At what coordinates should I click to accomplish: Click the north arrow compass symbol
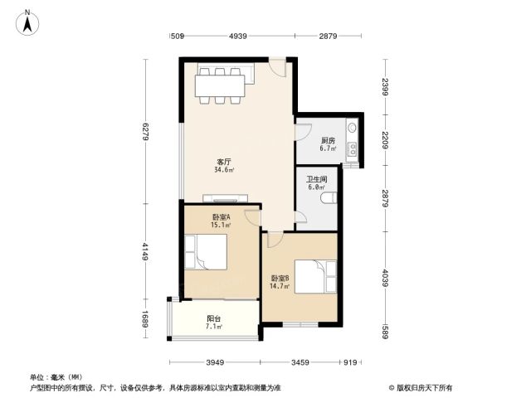(27, 23)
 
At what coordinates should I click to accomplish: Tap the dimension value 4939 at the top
(238, 36)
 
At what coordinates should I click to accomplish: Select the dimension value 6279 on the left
(146, 131)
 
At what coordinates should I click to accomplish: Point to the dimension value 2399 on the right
(386, 86)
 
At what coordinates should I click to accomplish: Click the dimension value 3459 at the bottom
(300, 362)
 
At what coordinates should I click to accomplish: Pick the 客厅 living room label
(224, 162)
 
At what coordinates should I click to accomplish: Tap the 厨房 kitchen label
(328, 140)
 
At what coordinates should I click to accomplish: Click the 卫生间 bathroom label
(317, 179)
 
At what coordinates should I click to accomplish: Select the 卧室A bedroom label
(222, 217)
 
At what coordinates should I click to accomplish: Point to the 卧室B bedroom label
(280, 279)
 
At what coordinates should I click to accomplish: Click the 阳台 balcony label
(214, 318)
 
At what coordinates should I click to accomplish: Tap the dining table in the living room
(220, 85)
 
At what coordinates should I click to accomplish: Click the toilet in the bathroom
(329, 198)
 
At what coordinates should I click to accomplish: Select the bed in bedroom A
(206, 252)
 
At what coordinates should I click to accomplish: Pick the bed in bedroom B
(315, 276)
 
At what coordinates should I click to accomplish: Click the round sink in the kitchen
(353, 128)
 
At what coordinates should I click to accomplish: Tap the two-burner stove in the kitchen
(353, 149)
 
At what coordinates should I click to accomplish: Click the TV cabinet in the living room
(225, 199)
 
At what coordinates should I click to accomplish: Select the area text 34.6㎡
(224, 169)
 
